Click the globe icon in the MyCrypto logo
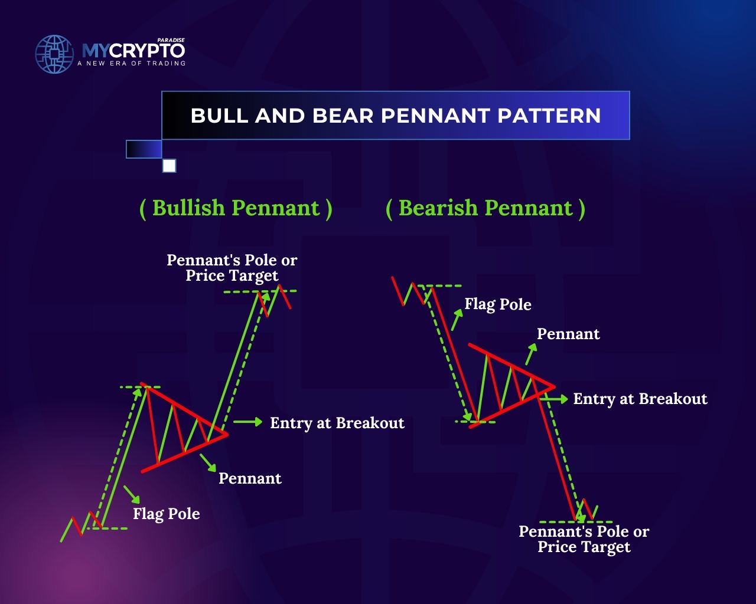(x=54, y=54)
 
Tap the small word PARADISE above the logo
(x=171, y=40)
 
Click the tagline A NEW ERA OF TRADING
(x=132, y=64)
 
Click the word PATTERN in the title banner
(x=549, y=116)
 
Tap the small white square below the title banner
(x=169, y=166)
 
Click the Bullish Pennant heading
(x=236, y=208)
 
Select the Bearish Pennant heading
(x=485, y=208)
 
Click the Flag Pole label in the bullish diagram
(x=167, y=514)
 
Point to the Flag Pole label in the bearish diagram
(x=498, y=304)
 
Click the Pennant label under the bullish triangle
(x=250, y=478)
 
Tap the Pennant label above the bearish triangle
(x=568, y=334)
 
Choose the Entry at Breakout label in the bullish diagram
(x=337, y=423)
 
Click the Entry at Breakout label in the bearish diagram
(x=640, y=399)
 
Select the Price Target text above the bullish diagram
(x=232, y=275)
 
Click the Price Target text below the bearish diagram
(x=584, y=547)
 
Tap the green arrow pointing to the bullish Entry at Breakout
(x=248, y=422)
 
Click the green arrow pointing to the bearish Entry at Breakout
(x=554, y=399)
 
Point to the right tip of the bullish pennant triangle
(x=227, y=435)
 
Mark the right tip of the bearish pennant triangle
(x=555, y=387)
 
